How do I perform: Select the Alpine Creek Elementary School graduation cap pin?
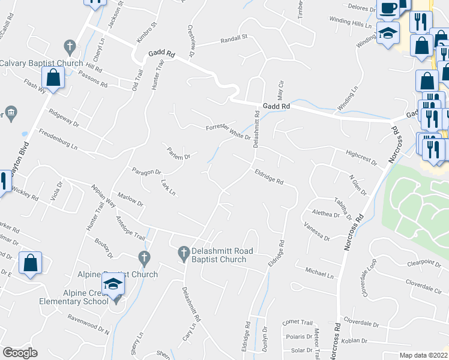coord(113,285)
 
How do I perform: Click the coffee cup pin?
coord(388,8)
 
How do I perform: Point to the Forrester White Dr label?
coord(228,131)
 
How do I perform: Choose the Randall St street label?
coord(234,37)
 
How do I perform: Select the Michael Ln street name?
coord(319,274)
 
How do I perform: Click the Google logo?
coord(20,353)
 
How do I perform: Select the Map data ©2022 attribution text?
coord(423,355)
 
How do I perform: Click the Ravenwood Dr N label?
coord(88,325)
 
